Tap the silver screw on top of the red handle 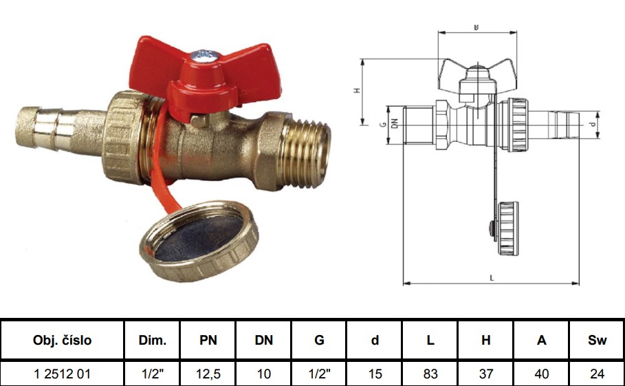pyautogui.click(x=204, y=56)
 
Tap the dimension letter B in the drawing pyautogui.click(x=476, y=28)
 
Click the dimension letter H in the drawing pyautogui.click(x=357, y=91)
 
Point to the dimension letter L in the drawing pyautogui.click(x=492, y=278)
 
